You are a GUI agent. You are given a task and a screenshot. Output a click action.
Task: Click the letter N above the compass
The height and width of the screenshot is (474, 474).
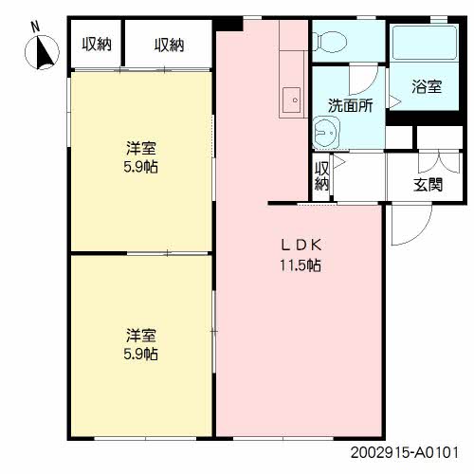point(35,27)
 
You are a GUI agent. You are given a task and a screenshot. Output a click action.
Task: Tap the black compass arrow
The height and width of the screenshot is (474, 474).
point(44,52)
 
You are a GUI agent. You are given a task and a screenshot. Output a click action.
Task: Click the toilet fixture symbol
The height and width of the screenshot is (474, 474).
point(329,42)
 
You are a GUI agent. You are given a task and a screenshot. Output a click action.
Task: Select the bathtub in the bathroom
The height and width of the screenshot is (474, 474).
point(424,43)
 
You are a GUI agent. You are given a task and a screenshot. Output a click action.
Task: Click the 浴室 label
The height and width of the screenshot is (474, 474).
point(427,86)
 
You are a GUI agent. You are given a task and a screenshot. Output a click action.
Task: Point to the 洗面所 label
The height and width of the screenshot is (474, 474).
point(350,105)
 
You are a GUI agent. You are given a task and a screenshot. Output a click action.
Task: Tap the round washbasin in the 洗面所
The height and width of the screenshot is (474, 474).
point(326,133)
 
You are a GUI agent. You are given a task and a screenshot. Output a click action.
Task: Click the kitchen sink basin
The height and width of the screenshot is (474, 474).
point(291,100)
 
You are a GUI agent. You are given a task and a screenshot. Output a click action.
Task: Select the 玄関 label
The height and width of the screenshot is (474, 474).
point(428,185)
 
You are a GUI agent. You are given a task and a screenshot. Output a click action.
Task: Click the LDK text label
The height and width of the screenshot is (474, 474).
point(301,246)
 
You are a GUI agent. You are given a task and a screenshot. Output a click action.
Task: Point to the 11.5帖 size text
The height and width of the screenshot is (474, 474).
point(301,264)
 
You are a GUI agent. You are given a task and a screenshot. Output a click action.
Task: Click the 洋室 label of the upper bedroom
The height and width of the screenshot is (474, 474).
point(141,148)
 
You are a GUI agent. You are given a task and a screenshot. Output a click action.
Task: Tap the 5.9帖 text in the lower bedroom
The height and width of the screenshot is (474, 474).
point(140,354)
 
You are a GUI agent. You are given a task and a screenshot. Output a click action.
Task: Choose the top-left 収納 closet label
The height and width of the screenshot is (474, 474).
point(97,45)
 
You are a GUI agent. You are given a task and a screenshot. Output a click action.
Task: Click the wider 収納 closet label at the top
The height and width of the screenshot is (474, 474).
point(169,45)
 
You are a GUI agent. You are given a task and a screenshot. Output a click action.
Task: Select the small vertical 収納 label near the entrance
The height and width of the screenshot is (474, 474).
point(321,176)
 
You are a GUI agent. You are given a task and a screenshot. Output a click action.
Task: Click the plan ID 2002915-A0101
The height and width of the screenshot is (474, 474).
point(405,452)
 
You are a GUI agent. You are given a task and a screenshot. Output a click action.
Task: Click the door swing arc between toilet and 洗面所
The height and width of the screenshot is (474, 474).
point(370,85)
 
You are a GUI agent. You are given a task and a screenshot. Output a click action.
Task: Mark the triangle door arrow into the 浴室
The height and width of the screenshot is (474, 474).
point(394,102)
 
